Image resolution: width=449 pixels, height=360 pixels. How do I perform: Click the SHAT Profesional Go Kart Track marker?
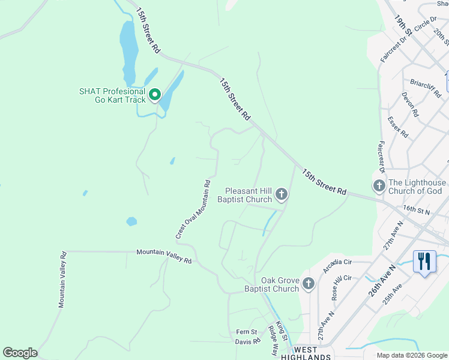pyautogui.click(x=154, y=95)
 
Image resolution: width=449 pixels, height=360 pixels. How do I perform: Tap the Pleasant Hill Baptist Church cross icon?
pyautogui.click(x=282, y=194)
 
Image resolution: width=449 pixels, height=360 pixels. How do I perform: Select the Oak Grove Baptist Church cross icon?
pyautogui.click(x=308, y=283)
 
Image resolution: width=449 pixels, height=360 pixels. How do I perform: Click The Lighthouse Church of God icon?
pyautogui.click(x=379, y=186)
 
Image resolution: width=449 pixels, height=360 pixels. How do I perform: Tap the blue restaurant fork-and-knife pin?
pyautogui.click(x=424, y=262)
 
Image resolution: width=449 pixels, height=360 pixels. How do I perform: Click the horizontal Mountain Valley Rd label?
pyautogui.click(x=163, y=256)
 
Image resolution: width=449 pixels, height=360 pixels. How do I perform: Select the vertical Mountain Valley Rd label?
pyautogui.click(x=62, y=280)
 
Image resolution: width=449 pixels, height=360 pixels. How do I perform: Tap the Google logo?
pyautogui.click(x=19, y=353)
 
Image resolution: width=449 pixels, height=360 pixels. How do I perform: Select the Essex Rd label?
pyautogui.click(x=398, y=128)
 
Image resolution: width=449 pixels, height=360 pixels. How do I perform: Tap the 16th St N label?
pyautogui.click(x=418, y=209)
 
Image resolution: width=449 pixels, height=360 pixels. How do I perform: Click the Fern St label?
pyautogui.click(x=246, y=332)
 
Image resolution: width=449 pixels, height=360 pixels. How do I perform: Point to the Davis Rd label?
pyautogui.click(x=247, y=341)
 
